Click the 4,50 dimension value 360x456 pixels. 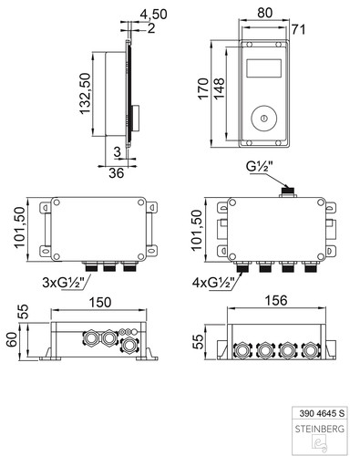click(153, 15)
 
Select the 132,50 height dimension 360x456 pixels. click(86, 94)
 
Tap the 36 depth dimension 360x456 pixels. click(117, 173)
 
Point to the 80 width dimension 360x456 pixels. click(265, 13)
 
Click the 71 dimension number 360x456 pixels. click(298, 30)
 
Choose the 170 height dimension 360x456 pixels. click(203, 88)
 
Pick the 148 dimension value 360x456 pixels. click(219, 88)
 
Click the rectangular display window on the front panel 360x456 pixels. click(263, 68)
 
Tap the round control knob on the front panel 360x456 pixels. click(263, 119)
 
